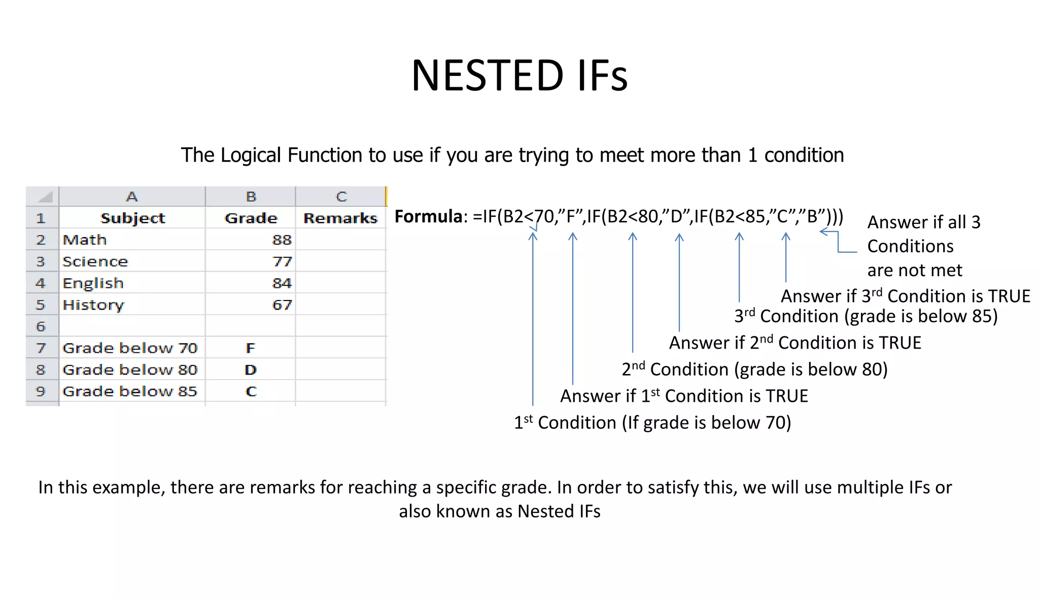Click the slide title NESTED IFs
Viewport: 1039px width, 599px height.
(519, 76)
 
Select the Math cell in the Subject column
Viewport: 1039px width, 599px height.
(85, 240)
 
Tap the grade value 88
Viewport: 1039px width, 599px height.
(282, 240)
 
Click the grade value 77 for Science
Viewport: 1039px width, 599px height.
(282, 261)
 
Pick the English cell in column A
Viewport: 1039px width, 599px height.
(93, 283)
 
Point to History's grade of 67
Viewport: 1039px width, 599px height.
(282, 305)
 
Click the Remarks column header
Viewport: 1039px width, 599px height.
(340, 218)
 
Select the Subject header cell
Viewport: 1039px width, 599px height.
(132, 218)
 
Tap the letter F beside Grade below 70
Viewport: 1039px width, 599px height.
(250, 348)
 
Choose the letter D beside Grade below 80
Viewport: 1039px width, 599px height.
(250, 370)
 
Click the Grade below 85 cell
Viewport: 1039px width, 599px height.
(130, 392)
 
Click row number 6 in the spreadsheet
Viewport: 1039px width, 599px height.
(41, 326)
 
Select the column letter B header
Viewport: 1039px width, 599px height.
(251, 197)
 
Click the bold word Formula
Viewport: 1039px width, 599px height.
(428, 217)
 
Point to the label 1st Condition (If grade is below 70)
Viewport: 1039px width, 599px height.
(652, 423)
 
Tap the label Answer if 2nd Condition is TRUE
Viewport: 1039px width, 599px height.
(795, 343)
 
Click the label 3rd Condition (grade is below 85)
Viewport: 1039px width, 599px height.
(865, 316)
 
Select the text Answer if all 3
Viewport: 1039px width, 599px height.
(924, 222)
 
